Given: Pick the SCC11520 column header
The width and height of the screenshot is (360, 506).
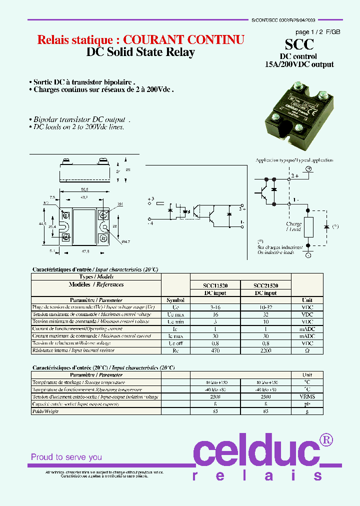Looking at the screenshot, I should (215, 285).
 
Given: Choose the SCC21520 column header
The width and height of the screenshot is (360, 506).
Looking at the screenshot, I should (265, 285).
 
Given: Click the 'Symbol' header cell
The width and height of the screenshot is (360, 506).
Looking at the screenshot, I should (175, 300).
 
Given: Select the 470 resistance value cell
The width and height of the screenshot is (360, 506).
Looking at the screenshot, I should (215, 351).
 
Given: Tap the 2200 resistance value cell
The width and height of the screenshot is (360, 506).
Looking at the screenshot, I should (265, 351).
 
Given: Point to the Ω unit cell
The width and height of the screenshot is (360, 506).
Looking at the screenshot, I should (307, 351).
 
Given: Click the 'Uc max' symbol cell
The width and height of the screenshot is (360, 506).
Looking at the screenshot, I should (175, 314).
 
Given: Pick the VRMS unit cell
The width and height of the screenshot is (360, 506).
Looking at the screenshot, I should (307, 396).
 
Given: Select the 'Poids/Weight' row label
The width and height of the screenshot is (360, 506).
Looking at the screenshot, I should (45, 411).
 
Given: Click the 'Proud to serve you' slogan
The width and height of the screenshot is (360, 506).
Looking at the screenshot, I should (66, 457).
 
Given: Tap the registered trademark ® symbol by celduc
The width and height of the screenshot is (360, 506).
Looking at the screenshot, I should (326, 439).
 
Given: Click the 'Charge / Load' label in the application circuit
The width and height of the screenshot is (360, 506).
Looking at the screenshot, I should (293, 226).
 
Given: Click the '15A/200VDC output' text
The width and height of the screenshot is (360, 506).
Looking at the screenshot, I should (299, 64).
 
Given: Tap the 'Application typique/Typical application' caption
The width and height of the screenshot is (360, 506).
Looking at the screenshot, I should (293, 160).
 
